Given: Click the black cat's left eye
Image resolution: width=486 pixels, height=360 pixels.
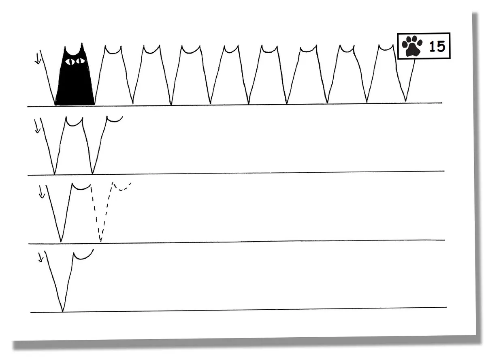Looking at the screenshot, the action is point(70,62).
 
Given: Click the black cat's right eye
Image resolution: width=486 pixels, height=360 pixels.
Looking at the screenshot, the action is point(80,61).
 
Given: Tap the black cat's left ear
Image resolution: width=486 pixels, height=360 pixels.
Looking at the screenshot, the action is point(66,50).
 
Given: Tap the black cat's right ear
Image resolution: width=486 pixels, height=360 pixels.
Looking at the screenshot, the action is point(82,47).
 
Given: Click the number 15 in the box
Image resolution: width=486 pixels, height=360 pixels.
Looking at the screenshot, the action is point(437,46).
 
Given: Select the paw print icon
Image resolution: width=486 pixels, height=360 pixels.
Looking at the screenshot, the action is point(412,46).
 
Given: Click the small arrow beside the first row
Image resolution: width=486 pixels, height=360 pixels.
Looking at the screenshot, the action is point(38,58).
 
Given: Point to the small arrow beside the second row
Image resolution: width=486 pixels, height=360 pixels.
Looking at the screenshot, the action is point(37,126).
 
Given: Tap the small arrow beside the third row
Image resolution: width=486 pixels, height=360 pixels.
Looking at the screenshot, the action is point(42,192).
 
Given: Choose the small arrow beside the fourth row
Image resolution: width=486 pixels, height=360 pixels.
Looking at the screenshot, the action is point(41,257).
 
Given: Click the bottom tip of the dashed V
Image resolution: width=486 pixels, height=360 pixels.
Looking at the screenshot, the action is point(100,241).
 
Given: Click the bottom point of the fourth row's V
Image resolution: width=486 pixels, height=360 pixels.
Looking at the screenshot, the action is point(62,311).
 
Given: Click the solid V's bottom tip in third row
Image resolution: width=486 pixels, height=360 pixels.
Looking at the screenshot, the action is point(61,241).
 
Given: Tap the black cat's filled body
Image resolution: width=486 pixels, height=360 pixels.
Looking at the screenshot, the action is point(75,84).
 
